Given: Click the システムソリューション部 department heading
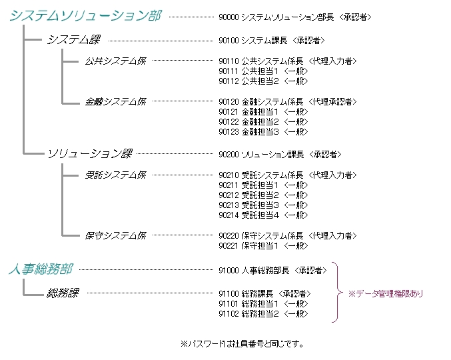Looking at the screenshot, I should click(x=85, y=16).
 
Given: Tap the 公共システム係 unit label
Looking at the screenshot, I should click(x=115, y=61).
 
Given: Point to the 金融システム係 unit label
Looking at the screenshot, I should click(x=115, y=101).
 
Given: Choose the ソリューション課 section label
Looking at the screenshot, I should click(x=89, y=154).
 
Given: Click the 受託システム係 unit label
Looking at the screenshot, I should click(x=115, y=175).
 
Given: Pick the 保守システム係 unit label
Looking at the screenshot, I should click(x=115, y=235).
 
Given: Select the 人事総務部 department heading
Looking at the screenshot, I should click(x=40, y=269).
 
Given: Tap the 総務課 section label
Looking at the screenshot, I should click(x=63, y=293).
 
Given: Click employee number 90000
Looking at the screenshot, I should click(x=228, y=17).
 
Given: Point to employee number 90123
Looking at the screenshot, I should click(x=228, y=131).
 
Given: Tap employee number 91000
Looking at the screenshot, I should click(x=228, y=270).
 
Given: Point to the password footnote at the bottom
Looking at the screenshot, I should click(x=242, y=344).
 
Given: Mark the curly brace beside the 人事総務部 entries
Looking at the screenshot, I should click(x=338, y=292).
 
